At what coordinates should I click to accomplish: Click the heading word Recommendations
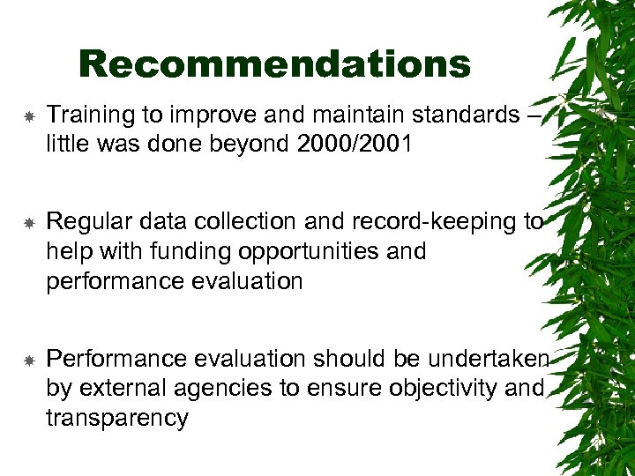(274, 64)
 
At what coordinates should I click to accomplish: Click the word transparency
(117, 417)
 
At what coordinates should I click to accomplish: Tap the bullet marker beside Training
(28, 115)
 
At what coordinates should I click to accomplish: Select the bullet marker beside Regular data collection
(28, 223)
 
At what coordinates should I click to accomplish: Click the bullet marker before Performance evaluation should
(28, 360)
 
